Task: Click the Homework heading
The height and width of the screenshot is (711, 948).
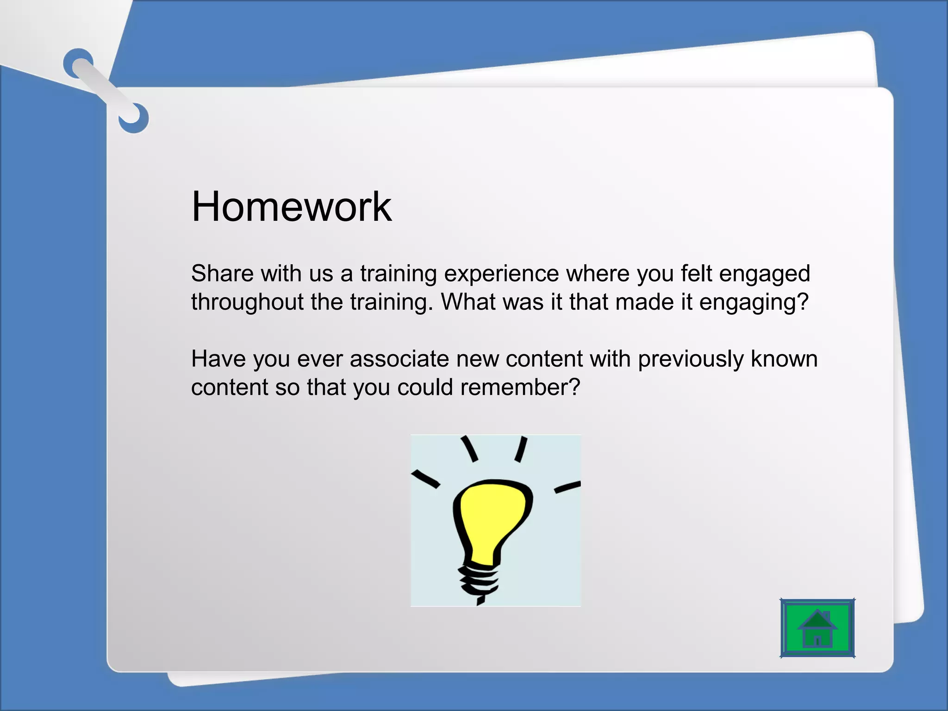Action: pos(291,206)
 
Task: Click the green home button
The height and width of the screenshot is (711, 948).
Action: pos(817,628)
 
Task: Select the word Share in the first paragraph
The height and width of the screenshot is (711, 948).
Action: pos(222,273)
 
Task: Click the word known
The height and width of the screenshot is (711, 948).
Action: pos(784,359)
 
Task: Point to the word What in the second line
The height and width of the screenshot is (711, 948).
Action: pos(468,302)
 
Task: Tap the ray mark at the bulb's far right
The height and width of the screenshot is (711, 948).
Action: pos(567,486)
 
